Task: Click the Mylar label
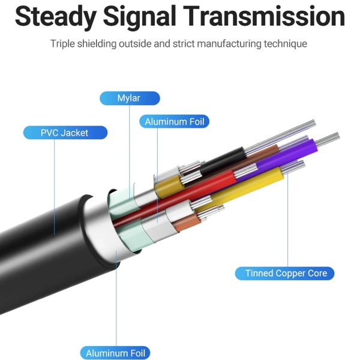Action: [x=130, y=98]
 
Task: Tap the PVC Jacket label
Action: [x=65, y=133]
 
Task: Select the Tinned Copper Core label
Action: [x=284, y=273]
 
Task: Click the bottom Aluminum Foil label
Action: [x=115, y=353]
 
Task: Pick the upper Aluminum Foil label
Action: [x=175, y=121]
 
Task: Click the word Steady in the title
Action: [x=56, y=17]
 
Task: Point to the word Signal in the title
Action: [x=140, y=17]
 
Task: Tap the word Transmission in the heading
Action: [x=264, y=16]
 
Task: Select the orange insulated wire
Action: [x=185, y=221]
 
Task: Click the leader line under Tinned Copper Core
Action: [x=287, y=219]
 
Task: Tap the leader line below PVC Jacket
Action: [x=55, y=187]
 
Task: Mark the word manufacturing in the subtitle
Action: [x=229, y=44]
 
